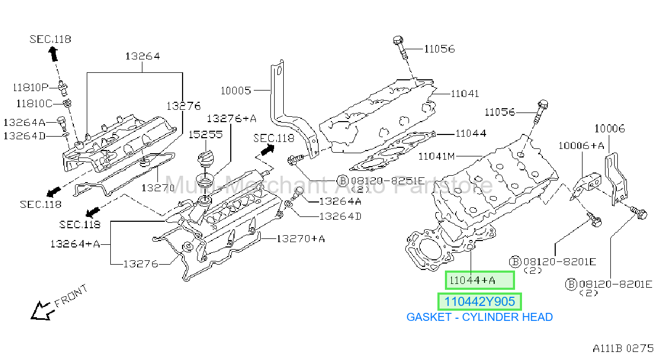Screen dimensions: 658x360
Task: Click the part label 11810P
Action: pyautogui.click(x=31, y=87)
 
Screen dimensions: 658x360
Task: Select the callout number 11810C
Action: pyautogui.click(x=34, y=103)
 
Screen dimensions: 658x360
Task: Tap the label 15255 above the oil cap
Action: pyautogui.click(x=206, y=134)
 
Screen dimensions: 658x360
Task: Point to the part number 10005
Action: pyautogui.click(x=236, y=91)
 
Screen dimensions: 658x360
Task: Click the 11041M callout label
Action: pyautogui.click(x=436, y=156)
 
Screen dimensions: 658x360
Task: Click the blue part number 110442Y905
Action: pyautogui.click(x=479, y=302)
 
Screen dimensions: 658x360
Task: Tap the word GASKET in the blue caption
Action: pyautogui.click(x=429, y=317)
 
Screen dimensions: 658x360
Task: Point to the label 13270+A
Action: pyautogui.click(x=301, y=238)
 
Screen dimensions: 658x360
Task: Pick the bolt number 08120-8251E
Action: pyautogui.click(x=388, y=181)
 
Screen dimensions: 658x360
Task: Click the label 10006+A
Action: pyautogui.click(x=581, y=146)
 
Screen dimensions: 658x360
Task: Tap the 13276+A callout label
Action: pyautogui.click(x=231, y=118)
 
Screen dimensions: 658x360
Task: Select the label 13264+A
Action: pyautogui.click(x=75, y=244)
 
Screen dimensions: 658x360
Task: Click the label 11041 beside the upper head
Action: pyautogui.click(x=465, y=94)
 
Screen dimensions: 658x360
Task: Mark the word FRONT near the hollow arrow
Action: pyautogui.click(x=71, y=296)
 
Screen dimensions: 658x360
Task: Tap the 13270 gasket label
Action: pyautogui.click(x=158, y=188)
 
